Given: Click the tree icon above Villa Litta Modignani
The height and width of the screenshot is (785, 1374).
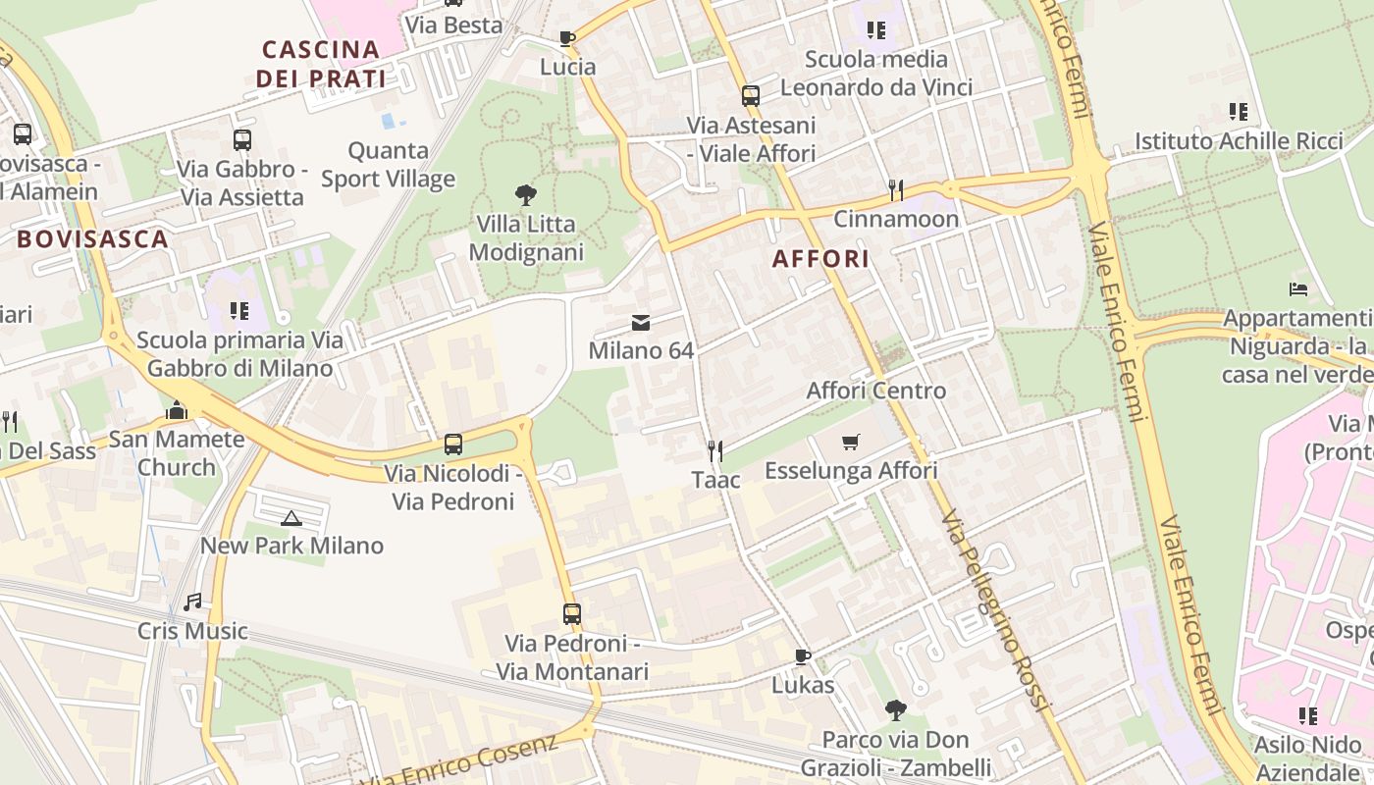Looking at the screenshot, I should (525, 195).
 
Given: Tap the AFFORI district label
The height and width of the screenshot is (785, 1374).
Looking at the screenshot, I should (820, 259).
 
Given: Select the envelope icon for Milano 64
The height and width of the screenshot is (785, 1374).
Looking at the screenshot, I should (641, 323).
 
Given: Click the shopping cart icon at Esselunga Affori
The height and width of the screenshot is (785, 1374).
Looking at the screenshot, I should (850, 443).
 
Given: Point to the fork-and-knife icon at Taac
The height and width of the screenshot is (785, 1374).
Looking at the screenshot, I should (715, 451).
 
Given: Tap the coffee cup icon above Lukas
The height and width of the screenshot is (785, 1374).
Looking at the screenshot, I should (803, 656).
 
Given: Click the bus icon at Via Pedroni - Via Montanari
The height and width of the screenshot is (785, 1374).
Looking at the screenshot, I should (572, 614).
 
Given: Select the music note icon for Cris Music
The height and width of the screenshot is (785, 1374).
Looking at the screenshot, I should (192, 602).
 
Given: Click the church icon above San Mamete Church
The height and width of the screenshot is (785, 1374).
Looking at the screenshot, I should (177, 410).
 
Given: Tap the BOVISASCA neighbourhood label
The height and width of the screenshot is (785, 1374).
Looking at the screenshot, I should (92, 238).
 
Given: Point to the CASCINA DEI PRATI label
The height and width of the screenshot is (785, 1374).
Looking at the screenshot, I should (321, 64).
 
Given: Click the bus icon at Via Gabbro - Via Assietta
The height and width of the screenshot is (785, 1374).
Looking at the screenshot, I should (241, 140).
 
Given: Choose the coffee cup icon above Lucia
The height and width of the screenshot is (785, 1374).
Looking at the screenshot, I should (567, 38).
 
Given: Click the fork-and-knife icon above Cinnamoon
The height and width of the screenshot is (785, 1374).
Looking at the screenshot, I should (895, 189).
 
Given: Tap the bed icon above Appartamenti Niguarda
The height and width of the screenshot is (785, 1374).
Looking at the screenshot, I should (1297, 289).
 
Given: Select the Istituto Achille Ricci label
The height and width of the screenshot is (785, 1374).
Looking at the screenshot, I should (1239, 141).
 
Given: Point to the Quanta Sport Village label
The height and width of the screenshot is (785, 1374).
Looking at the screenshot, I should (389, 165).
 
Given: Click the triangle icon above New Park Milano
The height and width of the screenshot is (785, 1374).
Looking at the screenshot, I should (291, 517).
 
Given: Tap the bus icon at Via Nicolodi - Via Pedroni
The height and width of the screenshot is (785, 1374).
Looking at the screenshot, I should (452, 444).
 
